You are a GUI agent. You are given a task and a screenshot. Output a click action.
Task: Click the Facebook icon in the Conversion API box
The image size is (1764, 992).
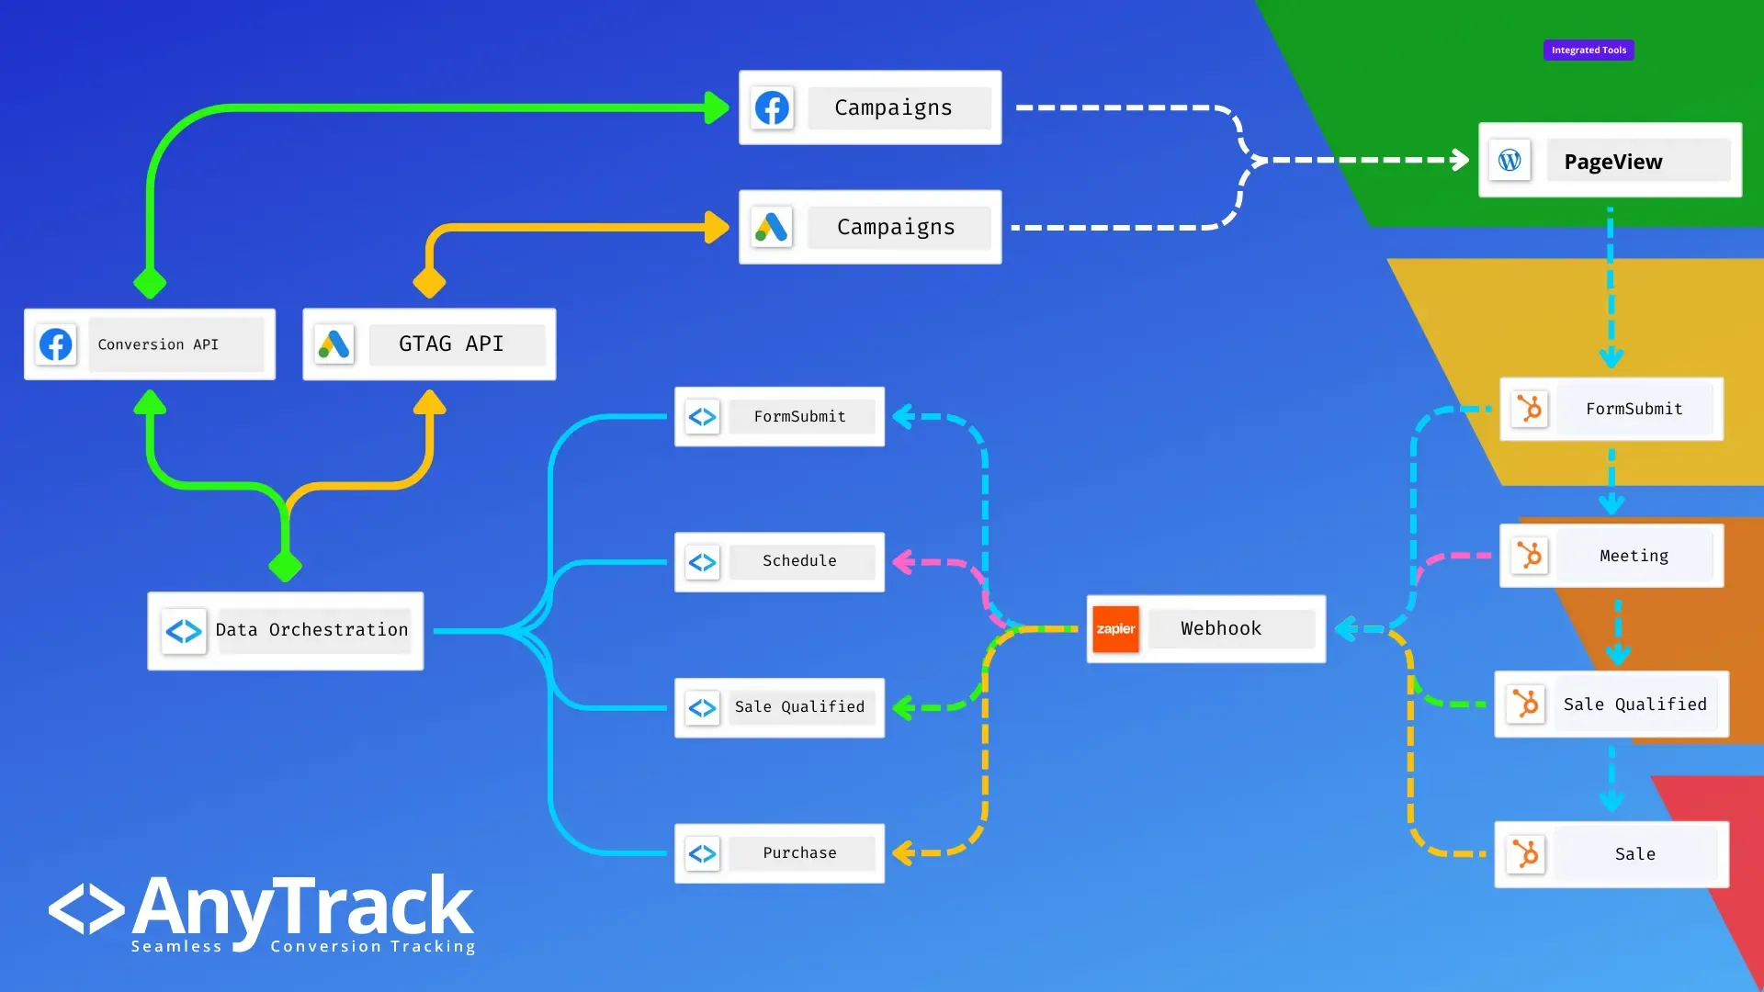pos(56,344)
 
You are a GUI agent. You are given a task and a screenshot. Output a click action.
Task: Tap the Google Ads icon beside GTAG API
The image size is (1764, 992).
pos(334,344)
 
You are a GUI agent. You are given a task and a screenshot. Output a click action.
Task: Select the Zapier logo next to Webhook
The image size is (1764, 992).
pos(1115,629)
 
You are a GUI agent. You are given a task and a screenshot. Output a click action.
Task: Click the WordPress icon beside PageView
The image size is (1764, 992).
pos(1510,161)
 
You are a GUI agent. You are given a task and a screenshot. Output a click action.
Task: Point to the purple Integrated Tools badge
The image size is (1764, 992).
pos(1589,51)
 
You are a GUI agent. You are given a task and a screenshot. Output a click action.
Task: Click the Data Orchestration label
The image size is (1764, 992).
pos(312,630)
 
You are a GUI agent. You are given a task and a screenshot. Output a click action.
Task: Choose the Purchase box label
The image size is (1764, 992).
pos(799,853)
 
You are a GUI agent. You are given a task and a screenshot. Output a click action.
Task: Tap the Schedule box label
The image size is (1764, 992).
pos(799,561)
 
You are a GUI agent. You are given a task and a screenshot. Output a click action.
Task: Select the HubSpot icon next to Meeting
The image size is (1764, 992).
pos(1530,556)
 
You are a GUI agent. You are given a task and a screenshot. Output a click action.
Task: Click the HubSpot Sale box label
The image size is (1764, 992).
pos(1634,854)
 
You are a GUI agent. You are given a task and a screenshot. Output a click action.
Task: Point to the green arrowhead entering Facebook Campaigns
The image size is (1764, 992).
pos(718,107)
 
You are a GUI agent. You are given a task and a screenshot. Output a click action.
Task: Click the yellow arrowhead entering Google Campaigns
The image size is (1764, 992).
pos(718,227)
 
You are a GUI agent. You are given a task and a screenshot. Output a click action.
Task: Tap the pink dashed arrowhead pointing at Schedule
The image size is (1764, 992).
pos(903,561)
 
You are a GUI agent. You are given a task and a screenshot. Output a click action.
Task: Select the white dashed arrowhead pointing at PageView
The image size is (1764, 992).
pos(1459,160)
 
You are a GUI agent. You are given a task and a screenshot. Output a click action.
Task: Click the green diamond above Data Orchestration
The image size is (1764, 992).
pos(285,567)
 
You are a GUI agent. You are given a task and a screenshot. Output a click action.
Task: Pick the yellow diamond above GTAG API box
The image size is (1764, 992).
pos(429,282)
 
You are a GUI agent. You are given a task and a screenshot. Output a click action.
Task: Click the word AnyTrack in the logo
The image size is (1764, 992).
pos(303,907)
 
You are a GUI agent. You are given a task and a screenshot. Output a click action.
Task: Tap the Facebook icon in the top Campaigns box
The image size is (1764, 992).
pos(772,107)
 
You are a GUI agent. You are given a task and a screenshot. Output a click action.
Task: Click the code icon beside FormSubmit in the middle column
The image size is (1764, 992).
pos(703,417)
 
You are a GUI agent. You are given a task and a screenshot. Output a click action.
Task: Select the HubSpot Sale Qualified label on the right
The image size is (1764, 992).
pos(1634,705)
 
